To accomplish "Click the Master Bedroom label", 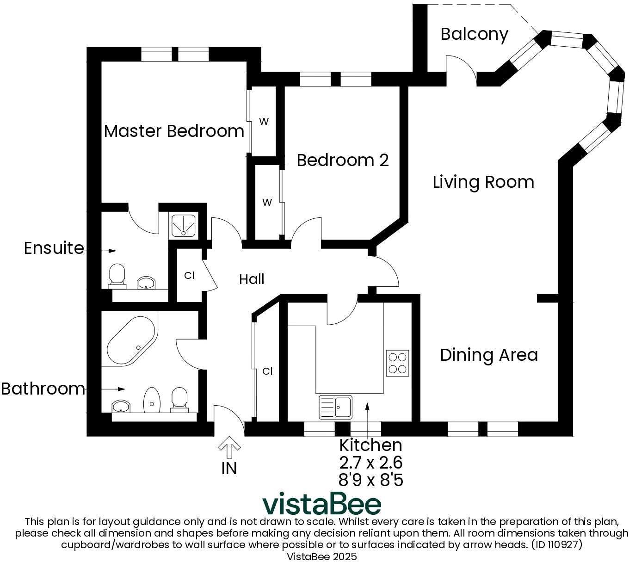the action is coord(174,131).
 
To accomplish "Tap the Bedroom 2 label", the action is coord(342,160).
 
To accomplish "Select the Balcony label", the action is coord(474,35).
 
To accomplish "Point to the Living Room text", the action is coord(483,182).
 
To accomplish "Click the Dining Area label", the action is coord(489,355).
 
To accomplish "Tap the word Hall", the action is coord(252,279).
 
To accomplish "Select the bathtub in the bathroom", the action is coord(131,340).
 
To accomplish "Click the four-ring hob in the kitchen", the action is coord(397,363).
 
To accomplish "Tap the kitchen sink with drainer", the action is coord(335,407).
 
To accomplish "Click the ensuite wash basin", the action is coord(146,283).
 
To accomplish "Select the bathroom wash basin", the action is coord(121,406).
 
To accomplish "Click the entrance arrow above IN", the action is coord(229,447).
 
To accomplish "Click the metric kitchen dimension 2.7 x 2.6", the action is coord(371,463).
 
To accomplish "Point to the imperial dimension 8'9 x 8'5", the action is coord(371,480).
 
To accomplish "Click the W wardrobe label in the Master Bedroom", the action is coord(264,121).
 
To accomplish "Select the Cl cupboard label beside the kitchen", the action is coord(267,371).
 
